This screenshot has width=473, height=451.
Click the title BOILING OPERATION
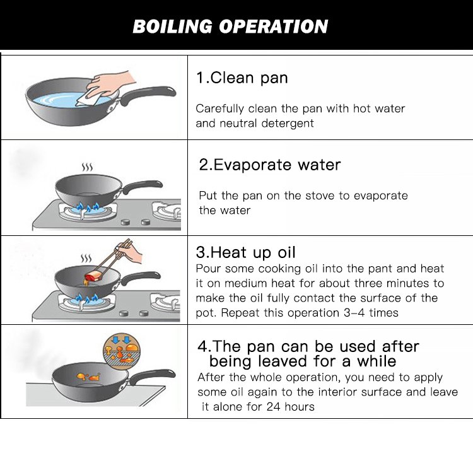(x=230, y=26)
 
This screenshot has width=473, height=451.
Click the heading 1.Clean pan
(x=242, y=78)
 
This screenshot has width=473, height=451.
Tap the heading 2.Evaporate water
(x=270, y=165)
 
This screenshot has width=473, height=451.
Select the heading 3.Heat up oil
(x=245, y=252)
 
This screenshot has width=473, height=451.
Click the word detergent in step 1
(x=288, y=124)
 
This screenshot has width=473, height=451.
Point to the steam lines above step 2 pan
(x=87, y=167)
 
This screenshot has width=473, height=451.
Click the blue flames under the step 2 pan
(x=88, y=207)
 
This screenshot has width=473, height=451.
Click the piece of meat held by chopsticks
(x=93, y=276)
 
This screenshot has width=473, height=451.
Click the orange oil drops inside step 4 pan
(x=88, y=376)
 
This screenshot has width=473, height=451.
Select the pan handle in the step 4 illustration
(x=151, y=376)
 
